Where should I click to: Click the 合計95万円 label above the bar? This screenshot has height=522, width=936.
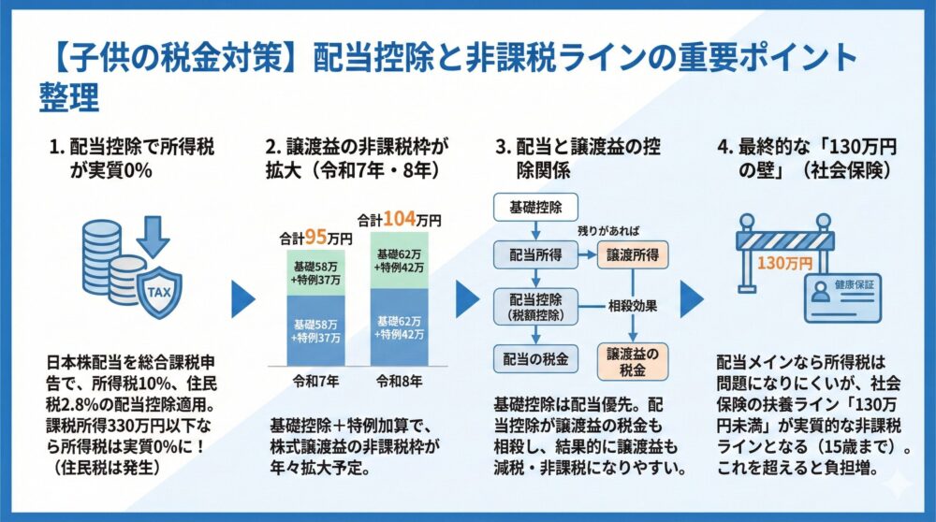[316, 239]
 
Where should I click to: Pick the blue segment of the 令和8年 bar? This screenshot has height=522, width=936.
[400, 326]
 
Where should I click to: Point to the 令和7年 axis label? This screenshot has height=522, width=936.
[315, 382]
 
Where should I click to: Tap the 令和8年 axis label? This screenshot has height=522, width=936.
[400, 382]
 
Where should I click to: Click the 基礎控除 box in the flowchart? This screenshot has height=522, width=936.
[535, 205]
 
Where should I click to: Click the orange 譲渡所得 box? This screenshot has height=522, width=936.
[633, 254]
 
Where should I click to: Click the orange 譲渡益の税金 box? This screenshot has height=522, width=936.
[633, 360]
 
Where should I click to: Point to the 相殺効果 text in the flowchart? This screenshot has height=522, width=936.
[635, 306]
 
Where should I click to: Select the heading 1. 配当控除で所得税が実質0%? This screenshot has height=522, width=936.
[135, 159]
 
